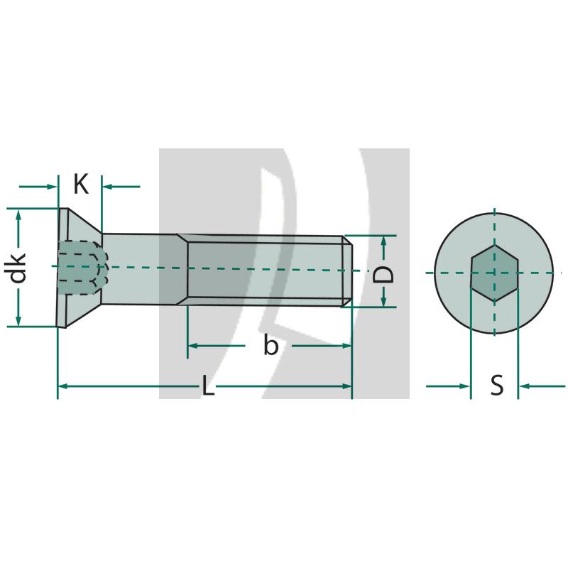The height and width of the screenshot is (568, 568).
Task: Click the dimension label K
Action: click(81, 185)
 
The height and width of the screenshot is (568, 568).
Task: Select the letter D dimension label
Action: click(384, 271)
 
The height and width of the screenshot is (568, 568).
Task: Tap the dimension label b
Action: click(271, 346)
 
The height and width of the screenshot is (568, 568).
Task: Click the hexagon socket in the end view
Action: click(495, 273)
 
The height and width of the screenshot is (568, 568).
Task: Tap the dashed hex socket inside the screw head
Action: click(80, 268)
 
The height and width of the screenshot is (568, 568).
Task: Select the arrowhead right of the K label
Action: click(109, 186)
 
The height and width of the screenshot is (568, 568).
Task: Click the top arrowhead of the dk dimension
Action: click(19, 214)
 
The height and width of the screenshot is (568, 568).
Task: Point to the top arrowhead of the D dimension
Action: click(384, 240)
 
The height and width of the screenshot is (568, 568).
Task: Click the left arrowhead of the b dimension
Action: click(192, 346)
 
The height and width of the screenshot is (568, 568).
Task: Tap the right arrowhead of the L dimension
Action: click(347, 386)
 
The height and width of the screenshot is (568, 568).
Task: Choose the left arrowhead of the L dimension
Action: click(62, 386)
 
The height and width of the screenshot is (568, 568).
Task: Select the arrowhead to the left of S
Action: click(466, 386)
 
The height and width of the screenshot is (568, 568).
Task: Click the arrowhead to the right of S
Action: click(524, 386)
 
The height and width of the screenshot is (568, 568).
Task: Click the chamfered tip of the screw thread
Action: click(347, 271)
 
